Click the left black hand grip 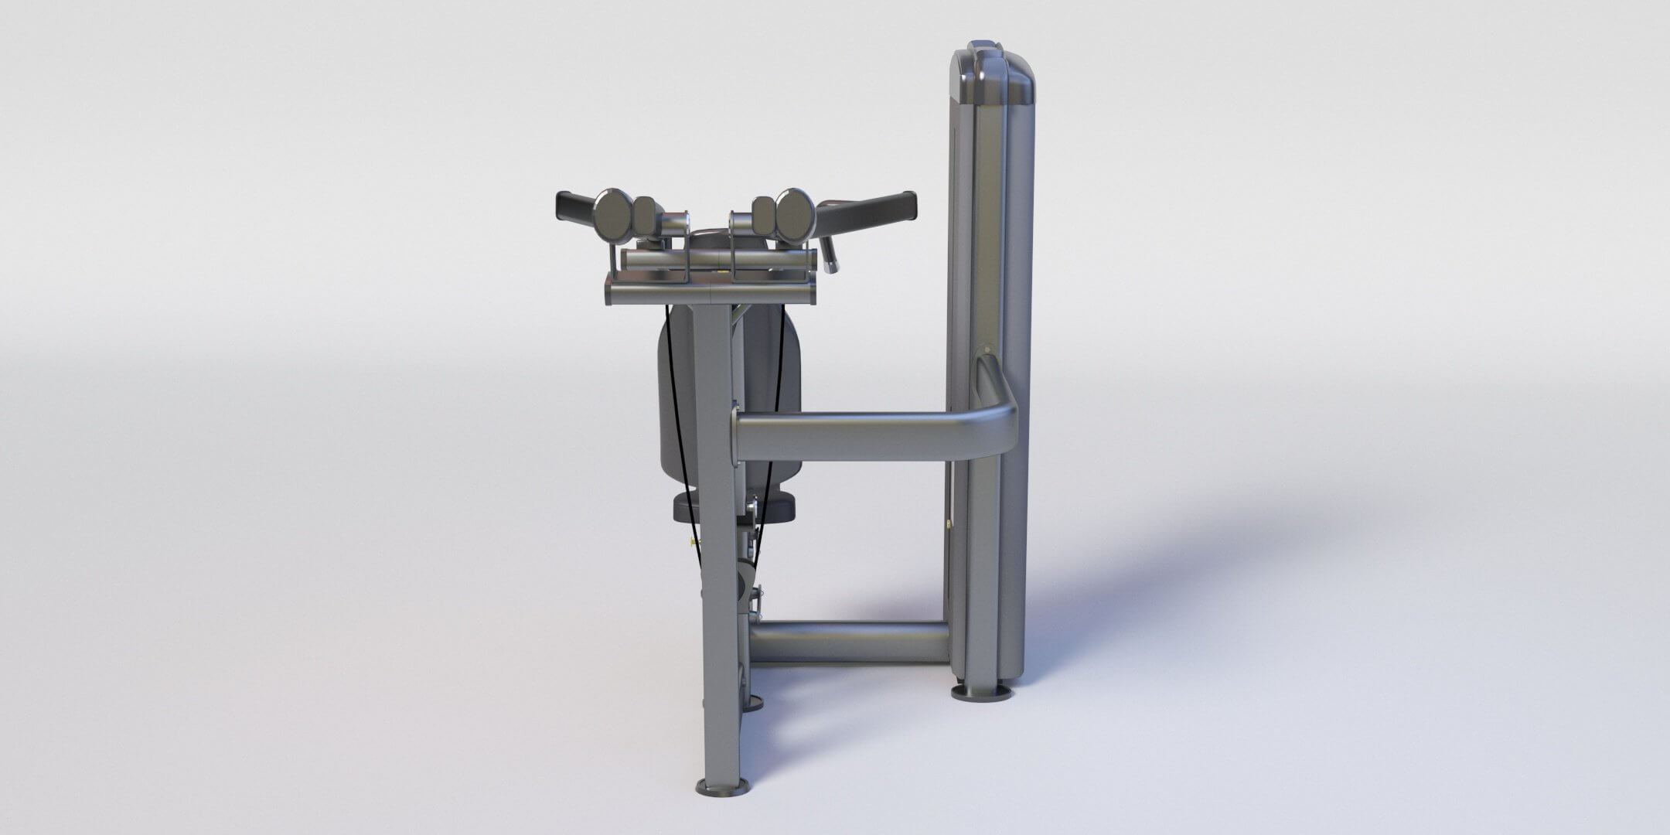[x=573, y=206]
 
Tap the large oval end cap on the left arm [x=614, y=215]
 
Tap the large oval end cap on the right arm [x=795, y=215]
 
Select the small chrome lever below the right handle [x=829, y=256]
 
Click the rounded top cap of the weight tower [x=993, y=73]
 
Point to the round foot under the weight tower [x=980, y=690]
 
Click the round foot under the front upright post [x=722, y=787]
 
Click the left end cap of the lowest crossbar [x=609, y=294]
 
